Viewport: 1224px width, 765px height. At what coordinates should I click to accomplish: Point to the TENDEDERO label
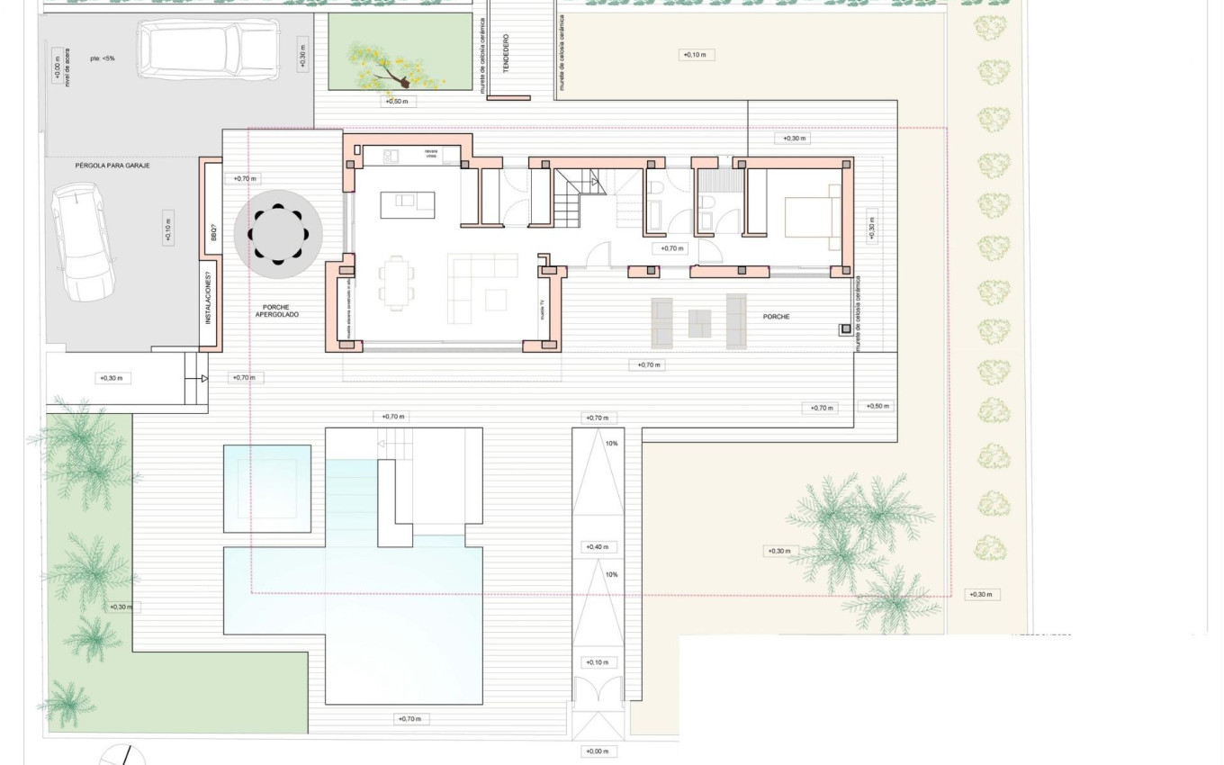(x=506, y=54)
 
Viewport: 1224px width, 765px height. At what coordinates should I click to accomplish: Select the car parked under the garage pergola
(x=81, y=242)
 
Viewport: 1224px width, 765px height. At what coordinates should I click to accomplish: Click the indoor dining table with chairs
(x=396, y=282)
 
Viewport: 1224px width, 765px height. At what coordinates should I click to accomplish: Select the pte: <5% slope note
(x=102, y=58)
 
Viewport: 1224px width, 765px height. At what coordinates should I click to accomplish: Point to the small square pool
(x=267, y=487)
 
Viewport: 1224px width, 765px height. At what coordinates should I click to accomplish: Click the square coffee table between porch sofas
(x=699, y=323)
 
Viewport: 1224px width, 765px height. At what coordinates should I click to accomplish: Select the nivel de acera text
(x=67, y=70)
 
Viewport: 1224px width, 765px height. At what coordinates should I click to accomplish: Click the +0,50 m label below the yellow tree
(x=399, y=102)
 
